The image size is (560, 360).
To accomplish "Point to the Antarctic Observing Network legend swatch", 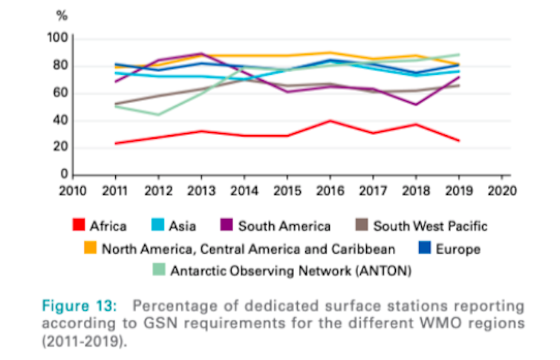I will coord(159,270).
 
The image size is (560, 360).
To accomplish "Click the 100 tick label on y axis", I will coord(58,39).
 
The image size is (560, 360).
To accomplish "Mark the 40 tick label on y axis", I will coord(61,120).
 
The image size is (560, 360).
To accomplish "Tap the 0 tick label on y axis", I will coord(65,175).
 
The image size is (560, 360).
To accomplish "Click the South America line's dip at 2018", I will coord(416,105).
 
